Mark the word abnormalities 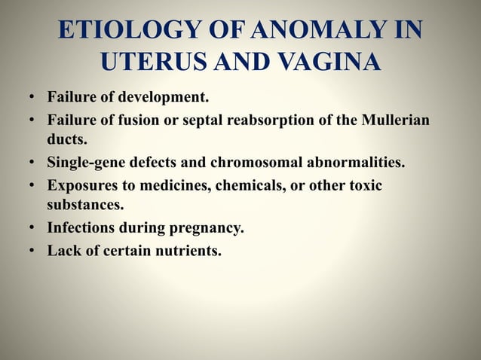click(358, 163)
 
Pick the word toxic click(366, 185)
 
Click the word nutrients click(185, 250)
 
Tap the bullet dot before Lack click(33, 250)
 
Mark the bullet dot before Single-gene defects click(33, 163)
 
